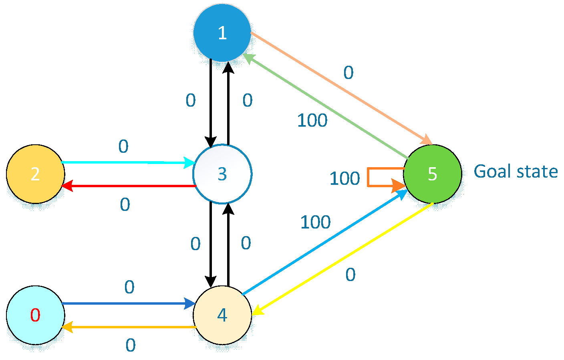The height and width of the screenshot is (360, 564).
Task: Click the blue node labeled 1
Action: (222, 33)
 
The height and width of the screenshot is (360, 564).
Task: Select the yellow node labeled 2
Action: (36, 174)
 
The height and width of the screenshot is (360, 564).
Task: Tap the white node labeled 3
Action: (222, 174)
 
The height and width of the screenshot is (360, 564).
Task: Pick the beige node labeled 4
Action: (222, 315)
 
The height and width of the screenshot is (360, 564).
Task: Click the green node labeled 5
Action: (433, 174)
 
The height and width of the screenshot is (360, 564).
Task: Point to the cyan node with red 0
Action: (36, 315)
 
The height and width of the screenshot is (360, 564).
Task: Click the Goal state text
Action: (516, 172)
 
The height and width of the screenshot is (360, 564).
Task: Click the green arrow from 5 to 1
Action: (326, 107)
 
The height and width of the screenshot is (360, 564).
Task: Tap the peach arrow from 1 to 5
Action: (340, 88)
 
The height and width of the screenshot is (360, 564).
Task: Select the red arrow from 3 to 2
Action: (128, 186)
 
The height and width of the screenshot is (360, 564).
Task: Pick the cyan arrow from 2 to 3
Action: (128, 162)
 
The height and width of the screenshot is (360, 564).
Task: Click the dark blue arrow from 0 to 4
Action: (128, 303)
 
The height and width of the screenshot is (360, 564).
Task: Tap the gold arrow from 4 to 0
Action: (128, 327)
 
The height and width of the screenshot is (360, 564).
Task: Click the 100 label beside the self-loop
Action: (344, 179)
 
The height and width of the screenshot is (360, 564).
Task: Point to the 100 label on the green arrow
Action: (312, 121)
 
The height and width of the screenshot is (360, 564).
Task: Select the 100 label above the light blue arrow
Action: (315, 222)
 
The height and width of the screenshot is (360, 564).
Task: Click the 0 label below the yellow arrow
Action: (350, 275)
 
